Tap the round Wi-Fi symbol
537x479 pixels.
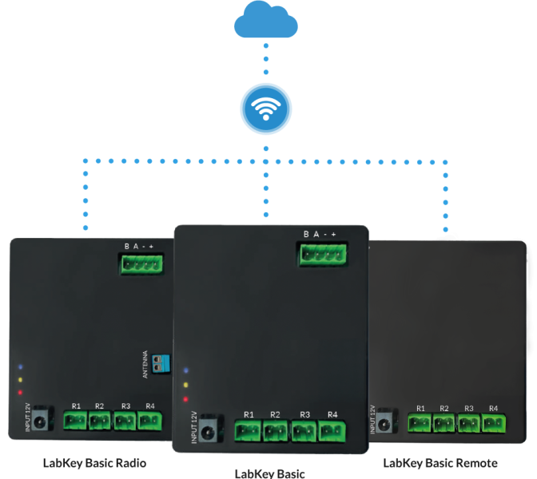[x=267, y=109]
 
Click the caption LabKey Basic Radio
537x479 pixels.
[x=95, y=463]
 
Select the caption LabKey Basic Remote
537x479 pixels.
[x=440, y=463]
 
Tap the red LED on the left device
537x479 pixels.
[x=19, y=392]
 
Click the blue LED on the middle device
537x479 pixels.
[x=185, y=370]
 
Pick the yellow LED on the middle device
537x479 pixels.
[x=185, y=384]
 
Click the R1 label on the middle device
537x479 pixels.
[x=249, y=414]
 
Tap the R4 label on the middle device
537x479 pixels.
[x=332, y=414]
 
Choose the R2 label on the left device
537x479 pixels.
[x=100, y=406]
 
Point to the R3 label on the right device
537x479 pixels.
[x=468, y=409]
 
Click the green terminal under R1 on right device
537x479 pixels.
[x=420, y=423]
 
